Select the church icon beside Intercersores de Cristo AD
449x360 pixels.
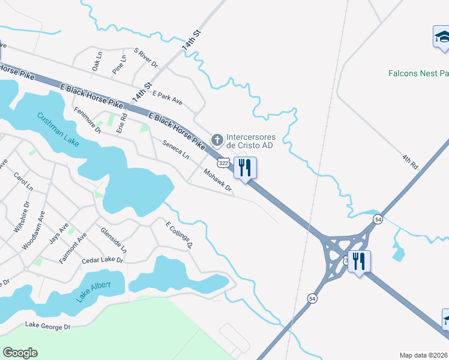tap(217, 140)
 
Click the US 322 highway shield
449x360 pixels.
tap(223, 163)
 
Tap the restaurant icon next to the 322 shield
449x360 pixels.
tap(244, 167)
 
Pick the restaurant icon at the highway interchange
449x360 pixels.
tap(359, 262)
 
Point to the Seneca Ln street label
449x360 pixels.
tap(176, 149)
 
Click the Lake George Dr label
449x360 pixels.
tap(47, 326)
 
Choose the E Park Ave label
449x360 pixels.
tap(167, 98)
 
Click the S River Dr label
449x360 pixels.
tap(145, 58)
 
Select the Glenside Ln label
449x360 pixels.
tap(113, 239)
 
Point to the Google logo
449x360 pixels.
tap(20, 353)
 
